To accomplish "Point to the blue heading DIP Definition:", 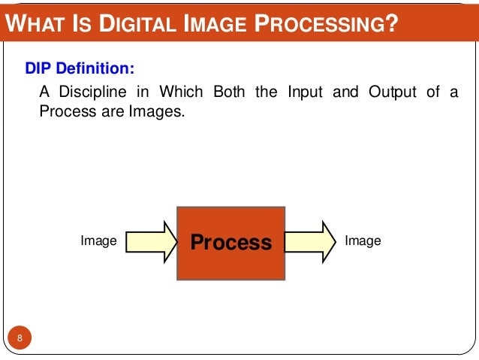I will [x=80, y=68].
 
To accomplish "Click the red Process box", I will [x=230, y=242].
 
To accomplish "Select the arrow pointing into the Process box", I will [x=150, y=242].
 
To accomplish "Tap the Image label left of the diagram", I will [x=98, y=241].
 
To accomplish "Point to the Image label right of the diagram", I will [x=363, y=241].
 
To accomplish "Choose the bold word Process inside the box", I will [x=230, y=243].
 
